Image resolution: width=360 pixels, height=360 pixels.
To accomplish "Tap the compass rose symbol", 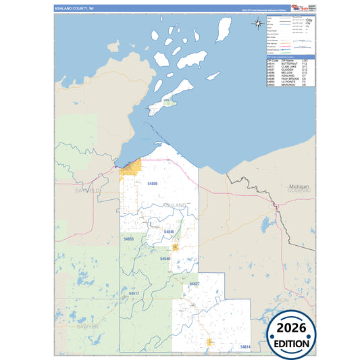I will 259,24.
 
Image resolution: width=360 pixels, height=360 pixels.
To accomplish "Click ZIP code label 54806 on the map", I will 152,183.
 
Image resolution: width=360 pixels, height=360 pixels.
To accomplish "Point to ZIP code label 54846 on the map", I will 169,232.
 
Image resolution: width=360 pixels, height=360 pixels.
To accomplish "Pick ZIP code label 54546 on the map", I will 165,259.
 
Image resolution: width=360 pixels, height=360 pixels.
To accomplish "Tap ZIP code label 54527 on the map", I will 194,284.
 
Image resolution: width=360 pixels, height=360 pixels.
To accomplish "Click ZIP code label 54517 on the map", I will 134,294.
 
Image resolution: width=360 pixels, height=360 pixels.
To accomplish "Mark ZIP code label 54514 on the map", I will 245,346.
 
